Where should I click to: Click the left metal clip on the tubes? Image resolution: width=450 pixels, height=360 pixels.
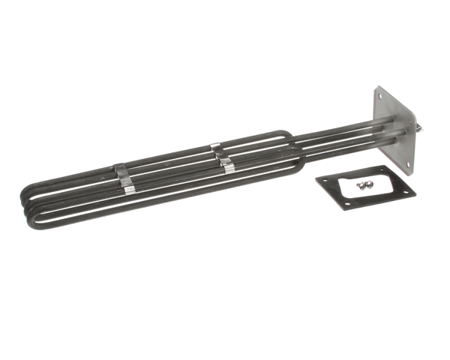pyautogui.click(x=124, y=179)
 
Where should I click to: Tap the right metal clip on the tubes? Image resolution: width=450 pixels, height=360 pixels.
pyautogui.click(x=223, y=158)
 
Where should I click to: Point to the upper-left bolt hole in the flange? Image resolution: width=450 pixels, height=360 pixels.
pyautogui.click(x=379, y=97)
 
